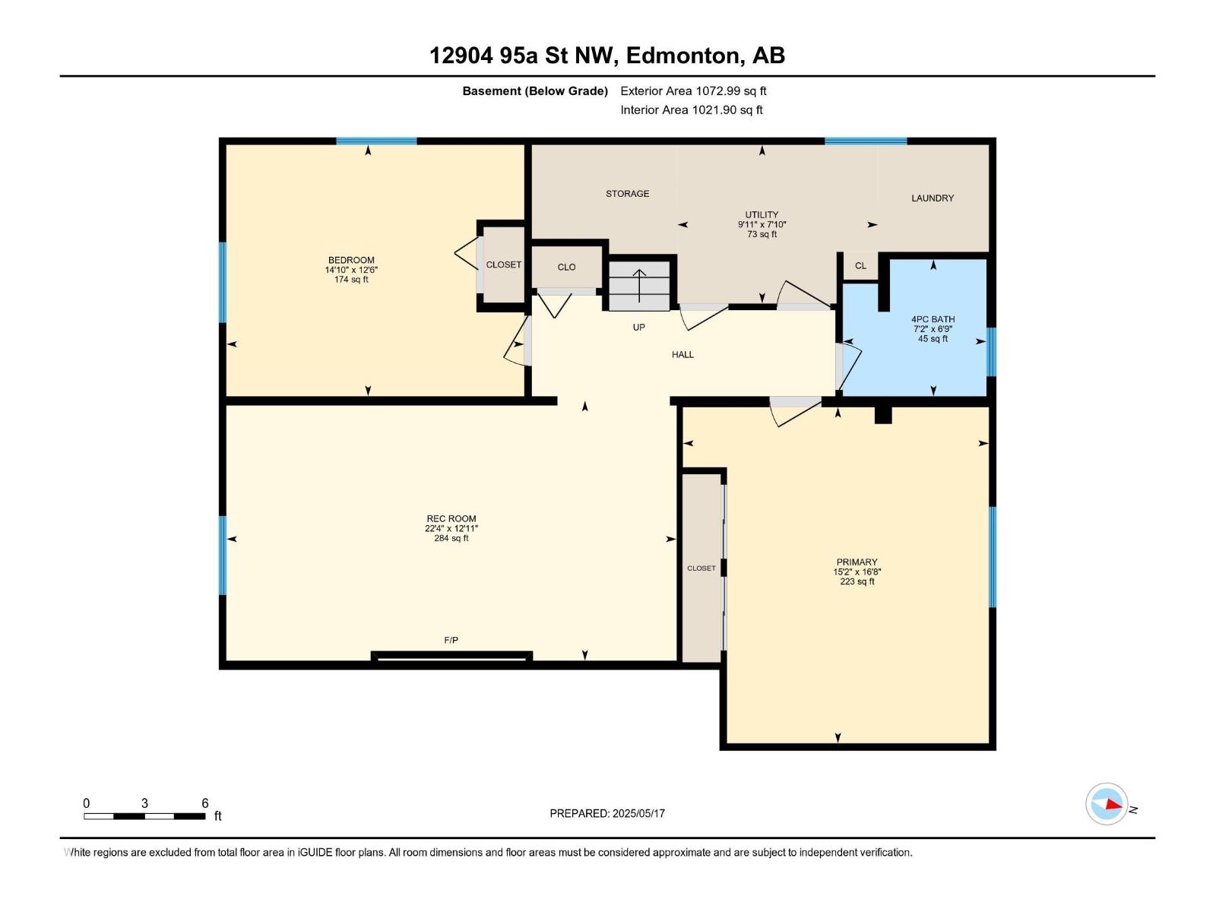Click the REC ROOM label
pyautogui.click(x=451, y=519)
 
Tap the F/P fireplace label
pyautogui.click(x=451, y=641)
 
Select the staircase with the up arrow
pyautogui.click(x=639, y=286)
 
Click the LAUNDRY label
pyautogui.click(x=933, y=198)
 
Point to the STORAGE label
pyautogui.click(x=627, y=194)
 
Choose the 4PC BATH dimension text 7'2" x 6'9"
pyautogui.click(x=933, y=329)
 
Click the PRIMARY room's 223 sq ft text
pyautogui.click(x=857, y=582)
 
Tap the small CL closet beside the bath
pyautogui.click(x=860, y=266)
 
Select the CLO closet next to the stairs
pyautogui.click(x=566, y=268)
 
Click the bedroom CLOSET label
pyautogui.click(x=503, y=265)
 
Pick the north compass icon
pyautogui.click(x=1107, y=804)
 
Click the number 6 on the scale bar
pyautogui.click(x=205, y=803)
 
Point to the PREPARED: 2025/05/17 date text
pyautogui.click(x=607, y=813)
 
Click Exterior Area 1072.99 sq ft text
pyautogui.click(x=693, y=91)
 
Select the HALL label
pyautogui.click(x=682, y=355)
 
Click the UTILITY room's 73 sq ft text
pyautogui.click(x=762, y=235)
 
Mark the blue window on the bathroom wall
pyautogui.click(x=991, y=352)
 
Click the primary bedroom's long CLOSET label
pyautogui.click(x=701, y=568)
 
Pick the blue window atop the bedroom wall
pyautogui.click(x=376, y=141)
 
